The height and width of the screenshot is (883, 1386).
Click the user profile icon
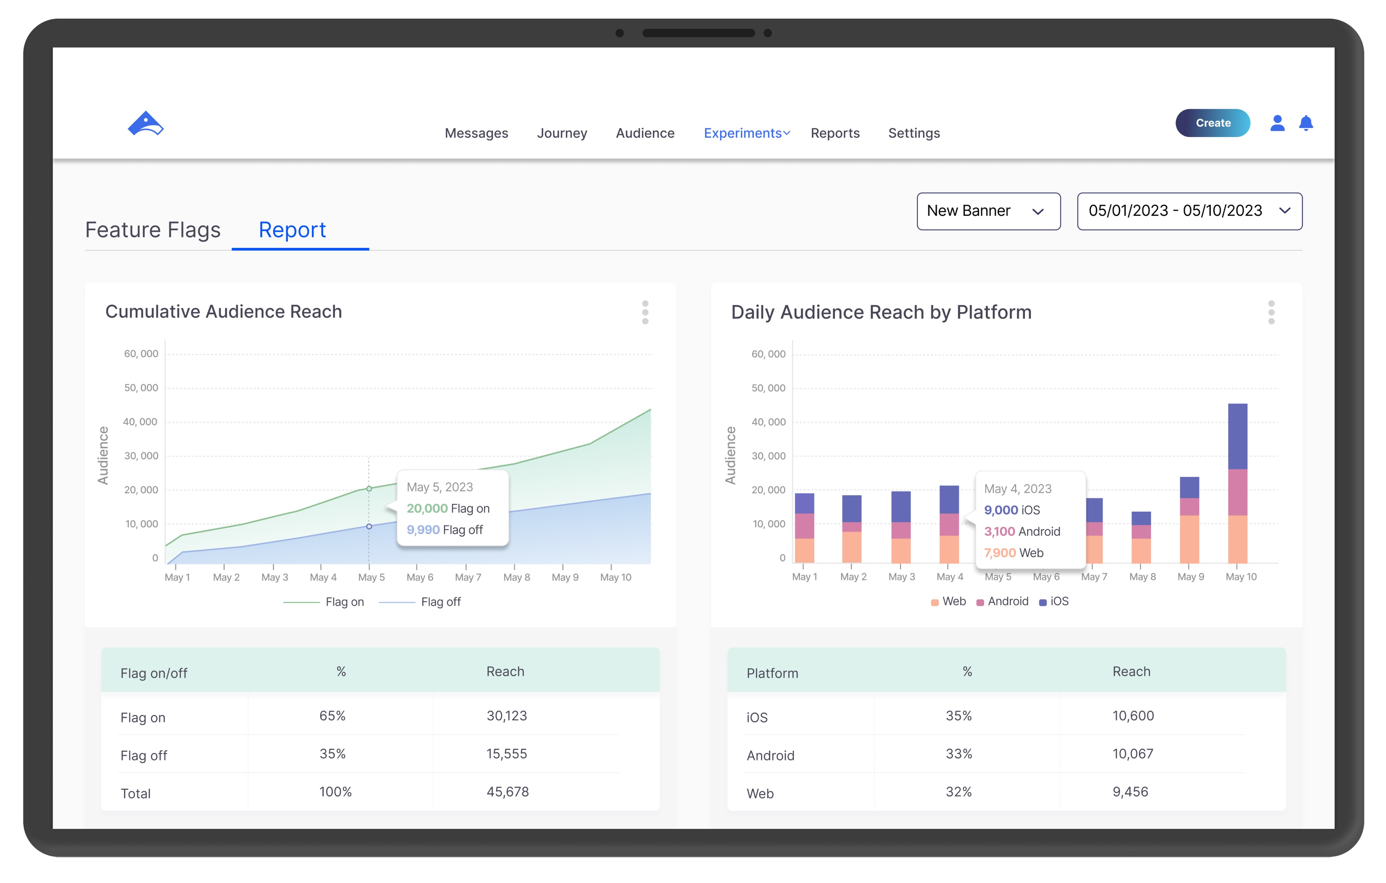1277,123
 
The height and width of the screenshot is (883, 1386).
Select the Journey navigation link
562,133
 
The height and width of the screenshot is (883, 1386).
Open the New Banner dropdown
988,211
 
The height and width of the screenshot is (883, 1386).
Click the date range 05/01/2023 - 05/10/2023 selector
1189,211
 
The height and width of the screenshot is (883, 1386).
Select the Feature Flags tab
153,230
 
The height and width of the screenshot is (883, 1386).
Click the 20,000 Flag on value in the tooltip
448,508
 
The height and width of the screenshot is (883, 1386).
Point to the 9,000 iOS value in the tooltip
1012,510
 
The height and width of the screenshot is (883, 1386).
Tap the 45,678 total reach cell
507,792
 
